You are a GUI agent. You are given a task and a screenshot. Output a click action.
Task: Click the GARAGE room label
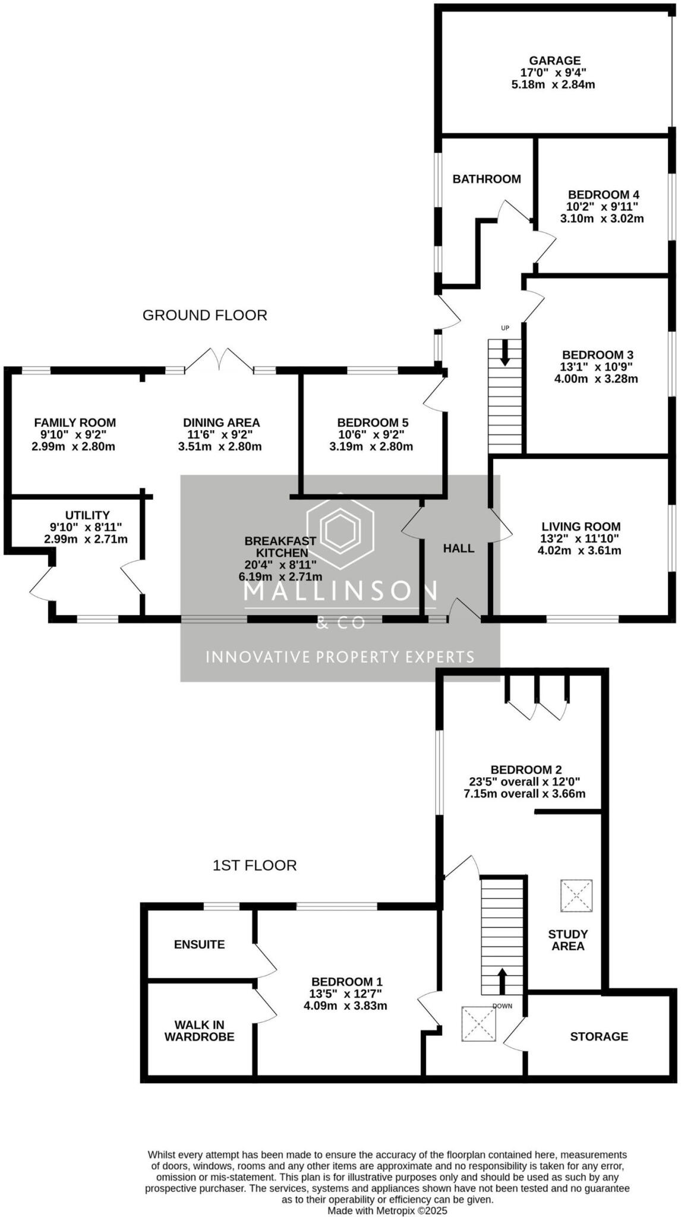pos(554,61)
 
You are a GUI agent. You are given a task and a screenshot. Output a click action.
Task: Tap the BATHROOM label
pos(486,179)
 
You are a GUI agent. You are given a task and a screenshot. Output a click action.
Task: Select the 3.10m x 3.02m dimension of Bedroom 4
pos(601,219)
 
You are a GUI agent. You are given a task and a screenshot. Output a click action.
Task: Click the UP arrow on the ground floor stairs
pos(505,353)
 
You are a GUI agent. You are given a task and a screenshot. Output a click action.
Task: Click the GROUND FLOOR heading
pos(204,315)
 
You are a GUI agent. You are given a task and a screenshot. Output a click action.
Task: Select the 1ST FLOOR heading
pos(254,865)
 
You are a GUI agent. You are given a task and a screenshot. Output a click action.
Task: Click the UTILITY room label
pos(87,515)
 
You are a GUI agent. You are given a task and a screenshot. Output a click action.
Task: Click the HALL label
pos(458,548)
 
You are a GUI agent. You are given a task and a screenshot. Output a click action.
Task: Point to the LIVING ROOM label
pos(581,526)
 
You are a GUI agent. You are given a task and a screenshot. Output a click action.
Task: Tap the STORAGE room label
pos(598,1036)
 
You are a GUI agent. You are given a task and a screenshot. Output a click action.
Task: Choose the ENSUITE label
pos(199,944)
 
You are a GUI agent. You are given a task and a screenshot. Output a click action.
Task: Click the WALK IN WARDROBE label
pos(199,1030)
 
